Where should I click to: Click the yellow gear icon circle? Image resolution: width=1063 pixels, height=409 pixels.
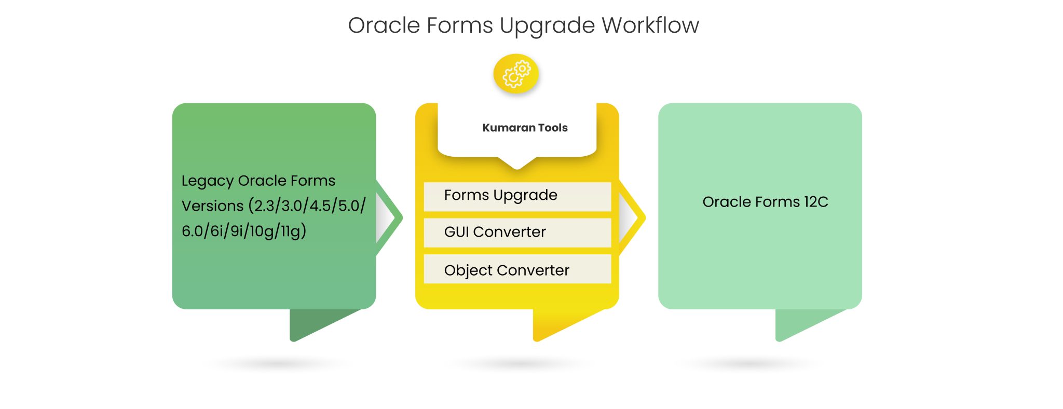point(516,74)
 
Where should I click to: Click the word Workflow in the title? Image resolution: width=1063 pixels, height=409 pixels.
point(650,25)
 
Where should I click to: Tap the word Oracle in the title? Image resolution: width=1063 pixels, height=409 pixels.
point(384,25)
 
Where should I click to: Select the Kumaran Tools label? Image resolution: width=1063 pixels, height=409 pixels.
point(525,128)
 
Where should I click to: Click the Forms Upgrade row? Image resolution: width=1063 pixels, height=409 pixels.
point(517,196)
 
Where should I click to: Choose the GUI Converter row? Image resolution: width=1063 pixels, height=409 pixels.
point(517,232)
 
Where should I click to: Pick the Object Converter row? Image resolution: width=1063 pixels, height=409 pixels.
point(517,270)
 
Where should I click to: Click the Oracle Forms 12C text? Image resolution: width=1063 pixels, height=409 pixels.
point(765,202)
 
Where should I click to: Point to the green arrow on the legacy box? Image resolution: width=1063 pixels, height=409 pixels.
point(390,217)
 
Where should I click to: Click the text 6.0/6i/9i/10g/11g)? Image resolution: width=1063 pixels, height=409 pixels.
point(243,230)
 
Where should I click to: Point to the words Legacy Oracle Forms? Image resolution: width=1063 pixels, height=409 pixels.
point(258,181)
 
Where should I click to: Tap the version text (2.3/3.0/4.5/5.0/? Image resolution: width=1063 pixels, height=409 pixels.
point(307,206)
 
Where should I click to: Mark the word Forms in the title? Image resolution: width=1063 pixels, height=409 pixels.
point(459,25)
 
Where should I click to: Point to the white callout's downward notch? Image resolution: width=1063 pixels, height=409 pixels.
point(517,163)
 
